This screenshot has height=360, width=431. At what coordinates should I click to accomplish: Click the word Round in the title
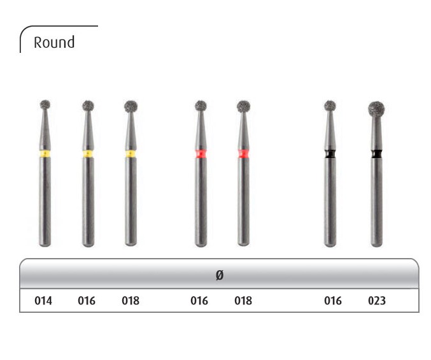pyautogui.click(x=54, y=42)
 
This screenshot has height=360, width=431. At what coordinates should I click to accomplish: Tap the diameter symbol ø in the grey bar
pyautogui.click(x=220, y=275)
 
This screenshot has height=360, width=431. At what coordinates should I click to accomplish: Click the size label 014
pyautogui.click(x=43, y=301)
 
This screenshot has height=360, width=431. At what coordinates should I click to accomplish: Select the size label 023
pyautogui.click(x=377, y=301)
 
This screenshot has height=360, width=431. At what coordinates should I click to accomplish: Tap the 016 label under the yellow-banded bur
pyautogui.click(x=87, y=301)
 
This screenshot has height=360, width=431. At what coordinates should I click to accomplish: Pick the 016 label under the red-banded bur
pyautogui.click(x=199, y=301)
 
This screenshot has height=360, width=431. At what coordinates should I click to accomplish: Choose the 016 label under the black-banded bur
pyautogui.click(x=333, y=301)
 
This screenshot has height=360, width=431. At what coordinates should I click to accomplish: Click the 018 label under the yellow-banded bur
pyautogui.click(x=131, y=301)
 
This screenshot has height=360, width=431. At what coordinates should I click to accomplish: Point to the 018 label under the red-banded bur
pyautogui.click(x=243, y=301)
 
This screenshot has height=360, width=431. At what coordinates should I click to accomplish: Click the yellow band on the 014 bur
pyautogui.click(x=45, y=154)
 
